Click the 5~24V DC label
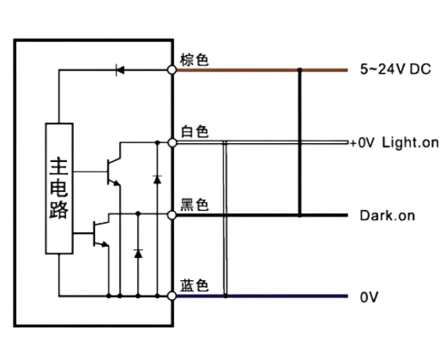[x=395, y=69]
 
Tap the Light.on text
[x=410, y=142]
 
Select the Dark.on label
[x=388, y=215]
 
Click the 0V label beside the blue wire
[x=369, y=297]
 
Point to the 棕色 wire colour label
[x=194, y=60]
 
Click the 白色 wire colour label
[x=195, y=131]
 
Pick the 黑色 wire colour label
[x=195, y=205]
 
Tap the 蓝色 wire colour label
[x=195, y=285]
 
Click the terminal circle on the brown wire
[x=172, y=69]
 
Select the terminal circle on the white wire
[x=172, y=142]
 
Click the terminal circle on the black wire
[x=172, y=215]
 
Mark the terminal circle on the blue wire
[x=172, y=296]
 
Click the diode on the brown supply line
[x=120, y=69]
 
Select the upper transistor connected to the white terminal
[x=114, y=171]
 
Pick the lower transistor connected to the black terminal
[x=101, y=234]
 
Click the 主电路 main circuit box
[x=59, y=189]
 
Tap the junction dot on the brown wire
[x=299, y=69]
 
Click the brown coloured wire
[x=262, y=69]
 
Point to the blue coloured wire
[x=262, y=296]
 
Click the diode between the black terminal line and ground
[x=138, y=254]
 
